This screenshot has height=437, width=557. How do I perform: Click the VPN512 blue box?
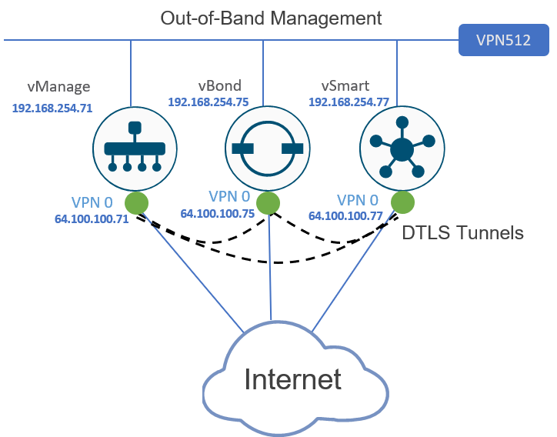[503, 40]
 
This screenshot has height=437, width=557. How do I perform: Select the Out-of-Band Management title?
[271, 17]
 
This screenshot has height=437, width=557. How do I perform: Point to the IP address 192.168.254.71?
[52, 108]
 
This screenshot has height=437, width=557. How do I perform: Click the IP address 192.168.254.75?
[208, 102]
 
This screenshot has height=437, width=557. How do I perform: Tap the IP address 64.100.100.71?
[91, 218]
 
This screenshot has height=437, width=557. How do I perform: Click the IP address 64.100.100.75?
[218, 215]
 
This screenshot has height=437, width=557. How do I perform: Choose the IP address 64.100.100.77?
[345, 216]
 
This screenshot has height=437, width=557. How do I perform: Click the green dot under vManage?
[135, 203]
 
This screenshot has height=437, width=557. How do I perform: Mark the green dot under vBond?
[268, 203]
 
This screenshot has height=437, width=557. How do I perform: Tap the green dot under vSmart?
[402, 203]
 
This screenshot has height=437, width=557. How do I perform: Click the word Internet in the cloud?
[292, 379]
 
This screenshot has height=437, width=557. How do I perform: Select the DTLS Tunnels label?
[463, 232]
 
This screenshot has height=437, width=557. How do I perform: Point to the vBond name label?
[219, 85]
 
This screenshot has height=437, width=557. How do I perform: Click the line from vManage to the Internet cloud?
[192, 273]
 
